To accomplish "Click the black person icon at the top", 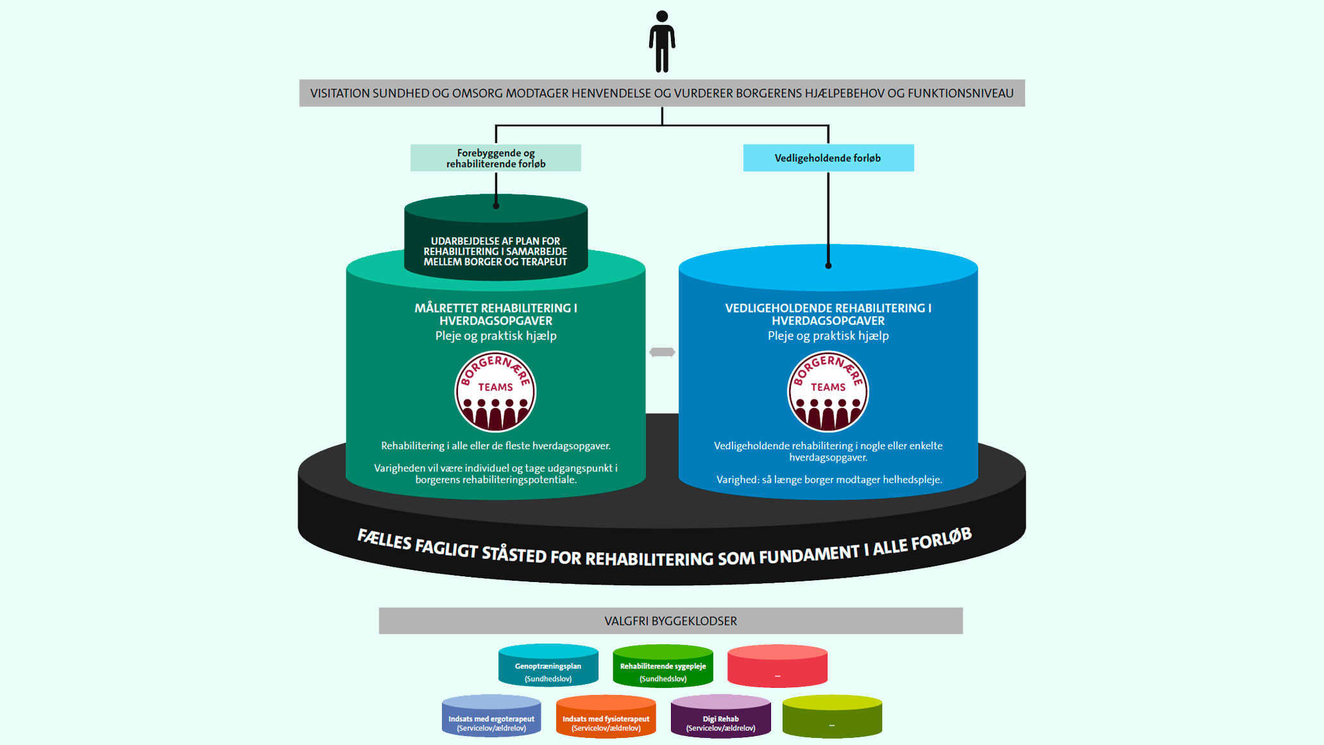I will [x=662, y=41].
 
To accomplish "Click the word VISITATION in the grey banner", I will [x=340, y=94].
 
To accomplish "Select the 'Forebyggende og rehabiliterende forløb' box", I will [x=496, y=158].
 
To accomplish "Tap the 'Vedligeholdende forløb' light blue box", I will [x=828, y=158].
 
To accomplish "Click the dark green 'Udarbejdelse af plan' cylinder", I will [x=496, y=244].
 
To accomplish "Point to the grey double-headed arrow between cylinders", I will [x=662, y=352].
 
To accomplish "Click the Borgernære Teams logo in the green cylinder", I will [x=495, y=391].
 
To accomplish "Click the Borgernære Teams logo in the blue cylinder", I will [x=828, y=391].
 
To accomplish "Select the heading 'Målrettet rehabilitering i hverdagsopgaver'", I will [x=496, y=314].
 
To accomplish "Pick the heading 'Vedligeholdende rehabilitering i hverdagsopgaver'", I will [x=828, y=314].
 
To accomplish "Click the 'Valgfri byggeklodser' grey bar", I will [x=670, y=621].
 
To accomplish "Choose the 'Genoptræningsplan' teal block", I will [x=548, y=667].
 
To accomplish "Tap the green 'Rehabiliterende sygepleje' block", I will [x=663, y=667].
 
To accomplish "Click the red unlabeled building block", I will [x=777, y=667].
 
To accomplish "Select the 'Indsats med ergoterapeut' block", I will [x=491, y=718].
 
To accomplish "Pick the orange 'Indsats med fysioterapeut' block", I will [x=606, y=718].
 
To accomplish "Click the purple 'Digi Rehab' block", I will [x=720, y=718].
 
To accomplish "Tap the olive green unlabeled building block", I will [x=832, y=718].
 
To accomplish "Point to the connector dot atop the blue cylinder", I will [x=828, y=266].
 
